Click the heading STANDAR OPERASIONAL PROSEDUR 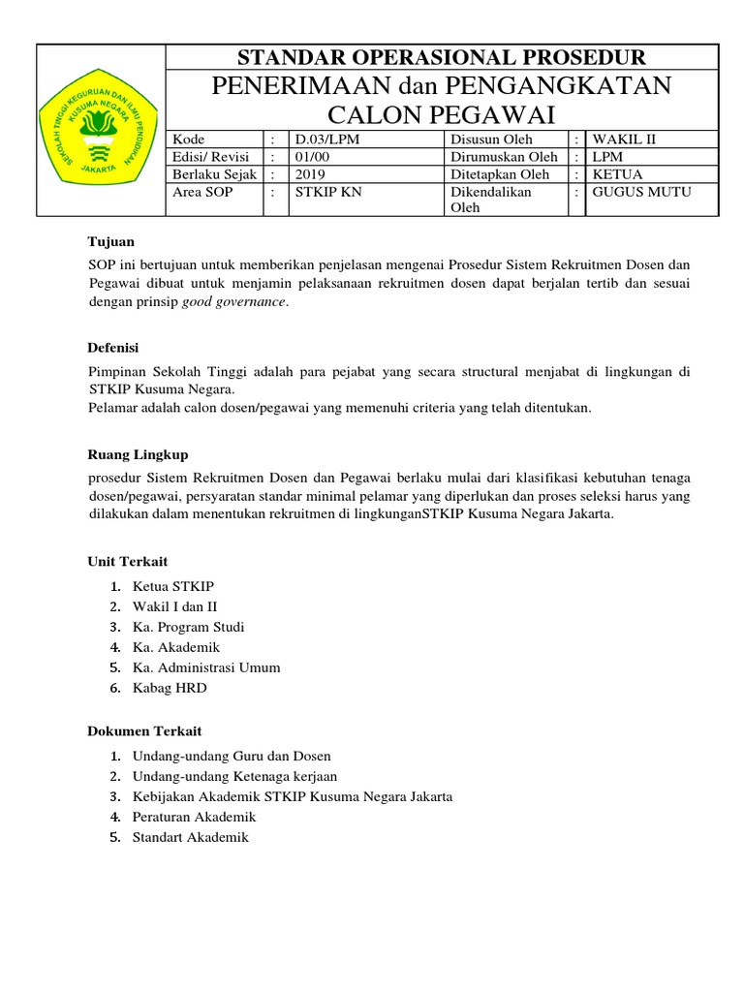click(x=442, y=57)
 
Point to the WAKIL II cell click(x=625, y=139)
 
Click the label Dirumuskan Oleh click(x=504, y=157)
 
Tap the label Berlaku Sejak click(x=210, y=174)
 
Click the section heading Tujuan click(x=110, y=240)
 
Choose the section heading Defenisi click(x=113, y=346)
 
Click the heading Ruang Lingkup click(x=138, y=453)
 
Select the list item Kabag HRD click(x=170, y=688)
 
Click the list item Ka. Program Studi click(x=188, y=627)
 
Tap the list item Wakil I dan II click(x=175, y=606)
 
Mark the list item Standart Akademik click(x=190, y=837)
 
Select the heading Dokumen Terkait click(x=144, y=730)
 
